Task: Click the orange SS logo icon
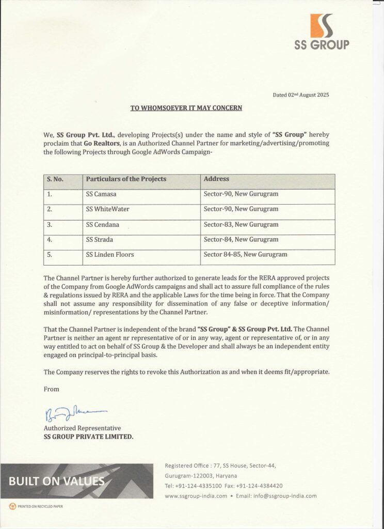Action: tap(322, 25)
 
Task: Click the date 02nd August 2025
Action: tap(300, 95)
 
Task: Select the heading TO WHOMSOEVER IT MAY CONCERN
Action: tap(186, 108)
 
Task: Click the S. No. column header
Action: tap(55, 179)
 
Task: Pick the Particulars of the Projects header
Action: tap(126, 179)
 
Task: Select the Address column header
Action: tap(217, 179)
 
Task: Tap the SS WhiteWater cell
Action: tap(108, 209)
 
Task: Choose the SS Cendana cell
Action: tap(103, 225)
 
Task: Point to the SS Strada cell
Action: tap(100, 240)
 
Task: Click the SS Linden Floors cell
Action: tap(110, 255)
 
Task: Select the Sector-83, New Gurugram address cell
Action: tap(241, 225)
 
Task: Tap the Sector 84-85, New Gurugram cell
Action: tap(246, 255)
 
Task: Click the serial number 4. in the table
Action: tap(50, 240)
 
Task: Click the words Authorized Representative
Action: tap(82, 428)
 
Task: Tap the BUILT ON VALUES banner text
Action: tap(57, 481)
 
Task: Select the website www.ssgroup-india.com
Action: tap(196, 496)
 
